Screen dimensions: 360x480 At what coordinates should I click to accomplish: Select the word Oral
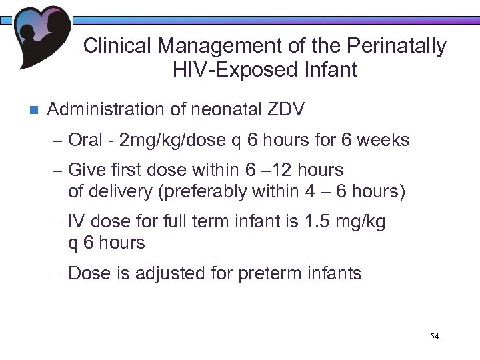[x=85, y=141]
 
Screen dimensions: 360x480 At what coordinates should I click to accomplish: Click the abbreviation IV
[x=75, y=222]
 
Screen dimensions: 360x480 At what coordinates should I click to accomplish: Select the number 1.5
[x=311, y=222]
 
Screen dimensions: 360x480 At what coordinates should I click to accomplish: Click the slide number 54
[x=435, y=336]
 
